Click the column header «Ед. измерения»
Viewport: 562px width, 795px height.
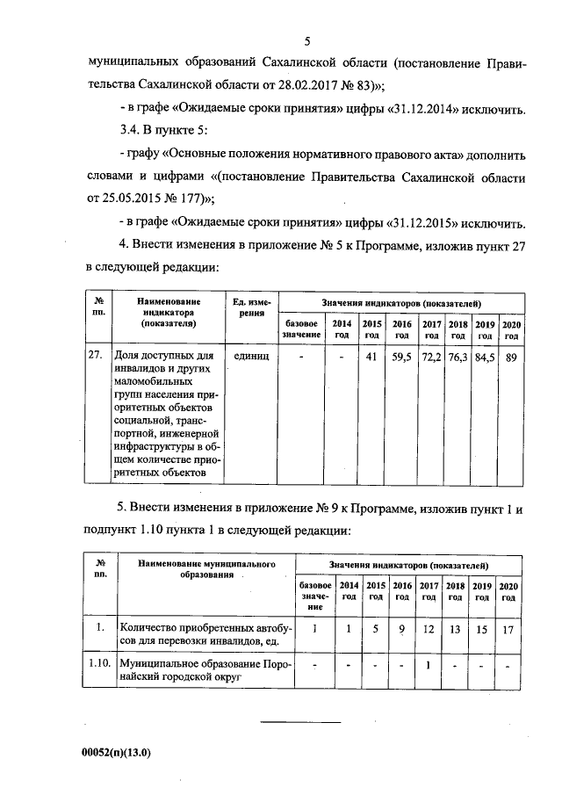(x=251, y=308)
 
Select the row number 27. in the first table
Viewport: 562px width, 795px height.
(x=97, y=357)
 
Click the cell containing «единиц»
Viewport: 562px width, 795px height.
(x=251, y=357)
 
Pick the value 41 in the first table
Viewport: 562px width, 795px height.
(x=371, y=357)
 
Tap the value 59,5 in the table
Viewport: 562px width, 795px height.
(x=402, y=357)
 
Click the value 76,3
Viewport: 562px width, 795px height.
(x=458, y=357)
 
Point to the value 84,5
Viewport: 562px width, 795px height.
(x=485, y=357)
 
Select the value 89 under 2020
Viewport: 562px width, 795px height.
(x=512, y=357)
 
